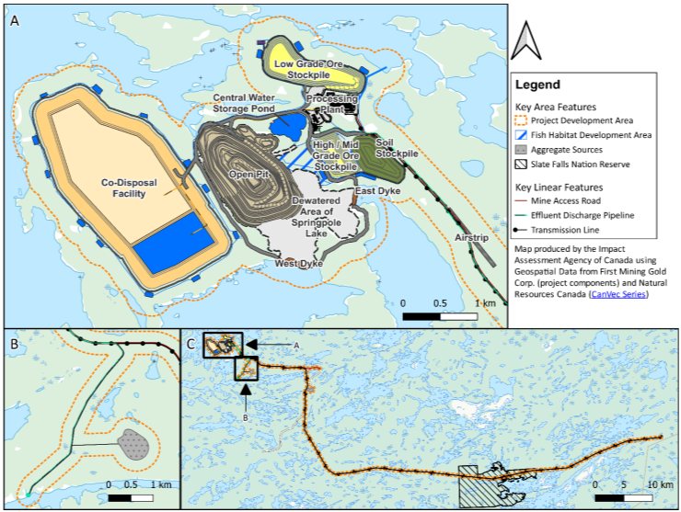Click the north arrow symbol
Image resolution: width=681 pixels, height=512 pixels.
point(526,42)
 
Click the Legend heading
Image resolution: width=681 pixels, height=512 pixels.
point(537,85)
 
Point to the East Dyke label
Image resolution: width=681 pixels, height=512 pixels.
point(375,190)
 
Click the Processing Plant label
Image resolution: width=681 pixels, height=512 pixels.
point(331,103)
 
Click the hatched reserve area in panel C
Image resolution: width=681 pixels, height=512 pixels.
point(487,486)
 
